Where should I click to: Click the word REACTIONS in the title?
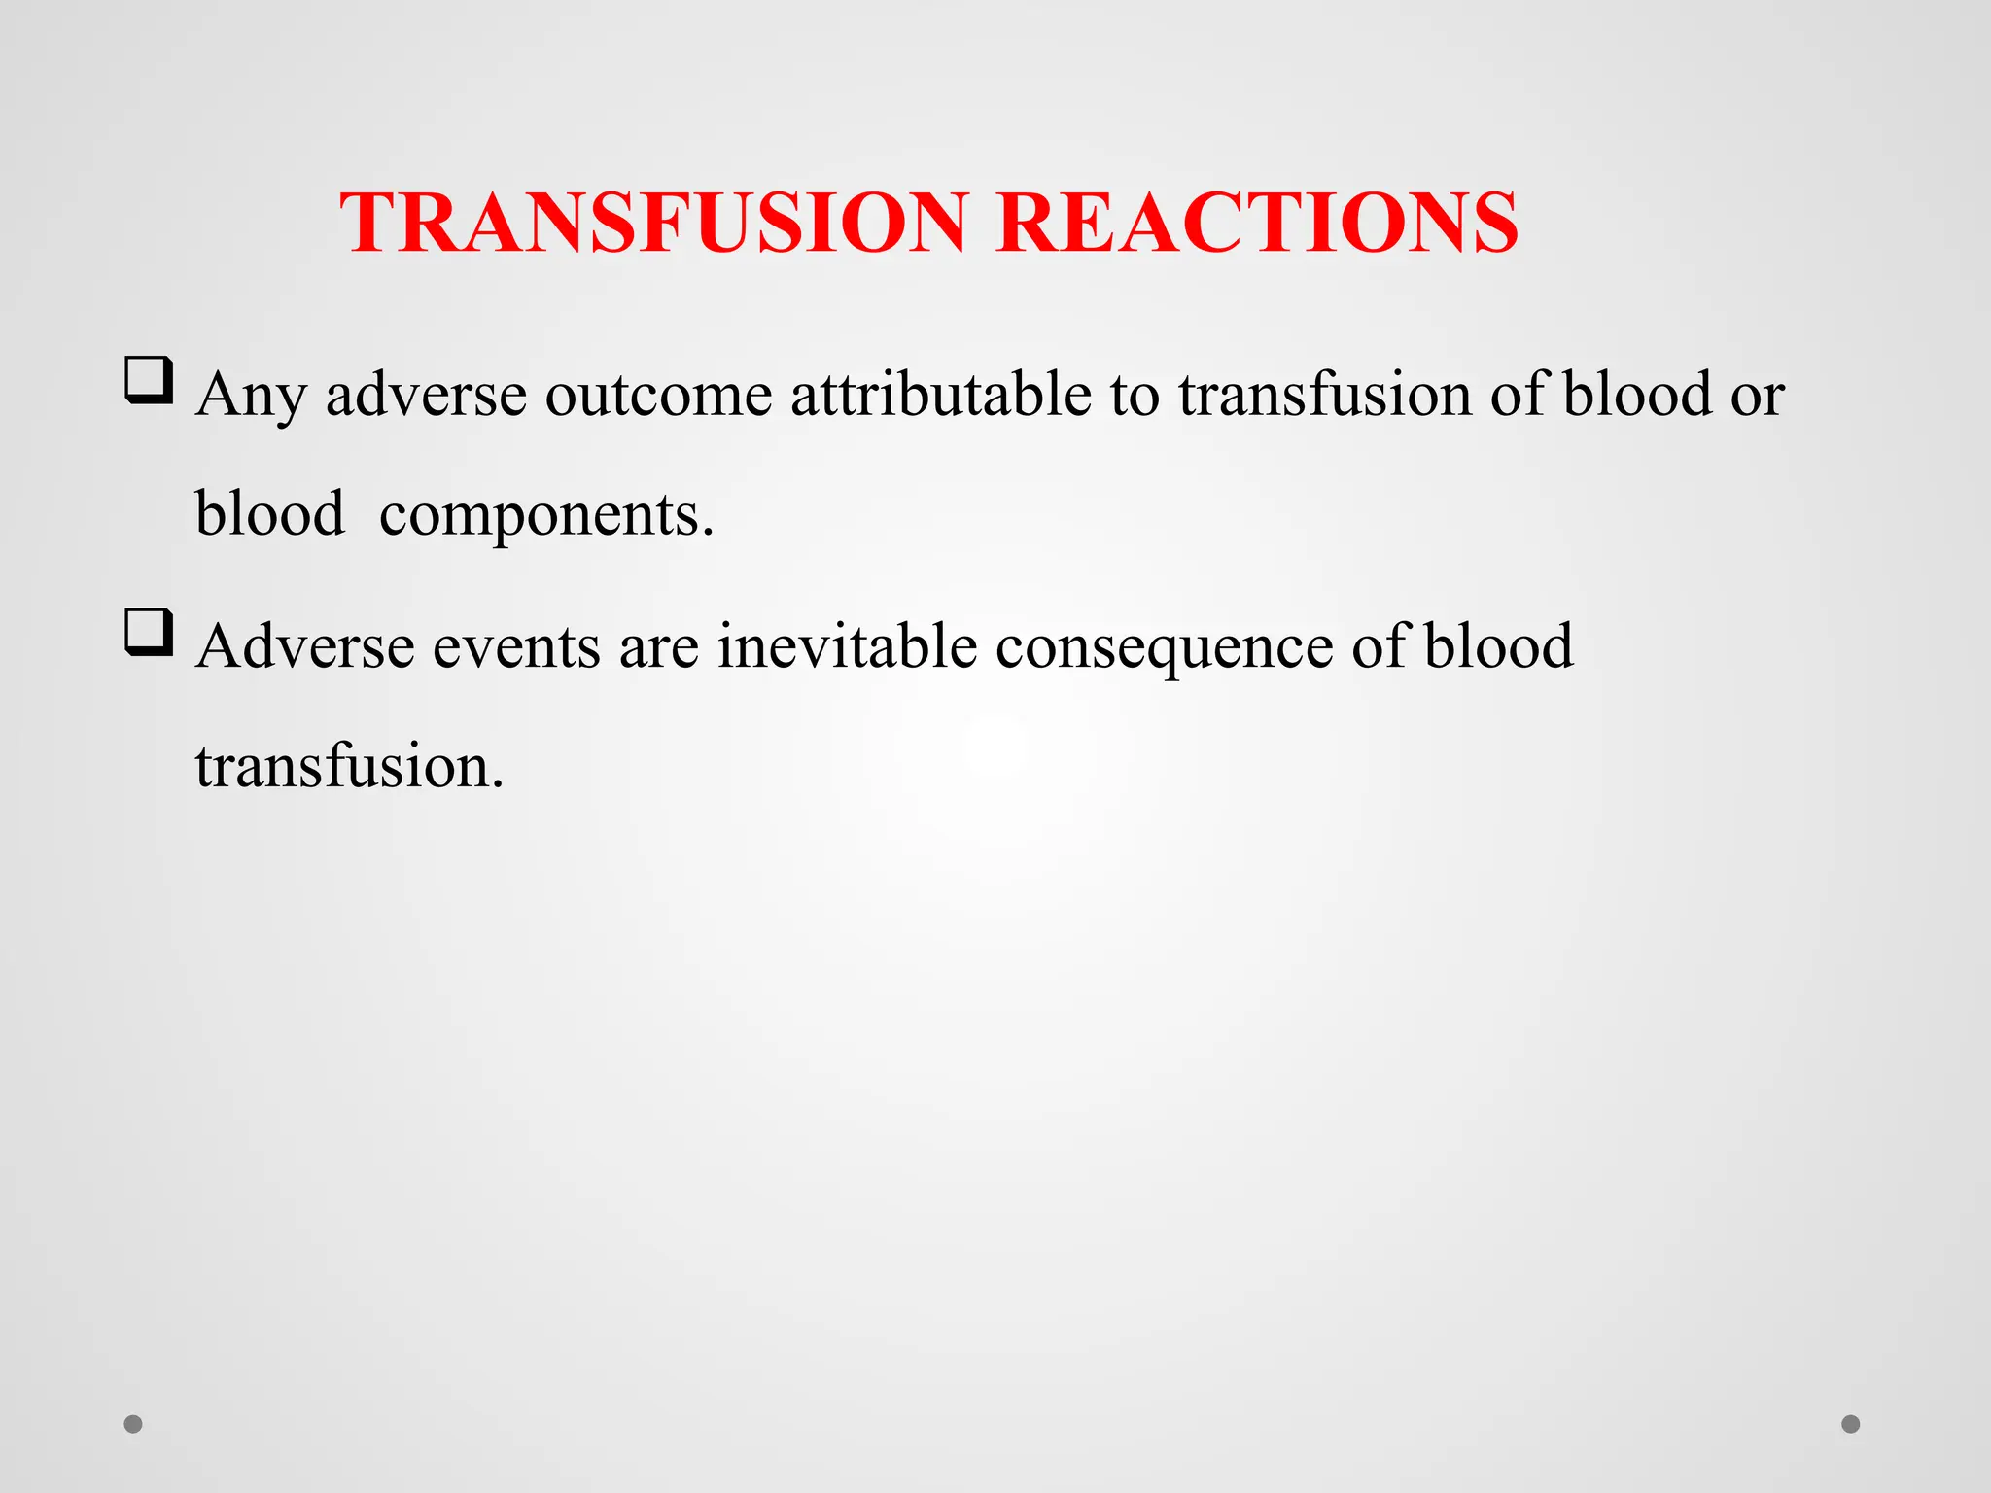click(x=1256, y=223)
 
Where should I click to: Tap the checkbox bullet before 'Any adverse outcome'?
click(x=149, y=380)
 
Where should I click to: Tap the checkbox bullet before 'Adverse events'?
click(x=149, y=633)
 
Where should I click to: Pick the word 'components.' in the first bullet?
click(x=546, y=515)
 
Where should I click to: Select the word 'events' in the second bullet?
click(x=516, y=646)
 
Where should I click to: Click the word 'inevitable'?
click(x=847, y=646)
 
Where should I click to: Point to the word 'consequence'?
click(x=1164, y=648)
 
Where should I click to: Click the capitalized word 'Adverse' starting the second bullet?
click(x=303, y=646)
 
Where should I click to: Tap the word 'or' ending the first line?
click(x=1758, y=397)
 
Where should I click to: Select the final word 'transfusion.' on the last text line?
click(x=349, y=767)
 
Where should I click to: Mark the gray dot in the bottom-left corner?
click(x=133, y=1424)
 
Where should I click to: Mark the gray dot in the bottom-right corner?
click(x=1851, y=1424)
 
